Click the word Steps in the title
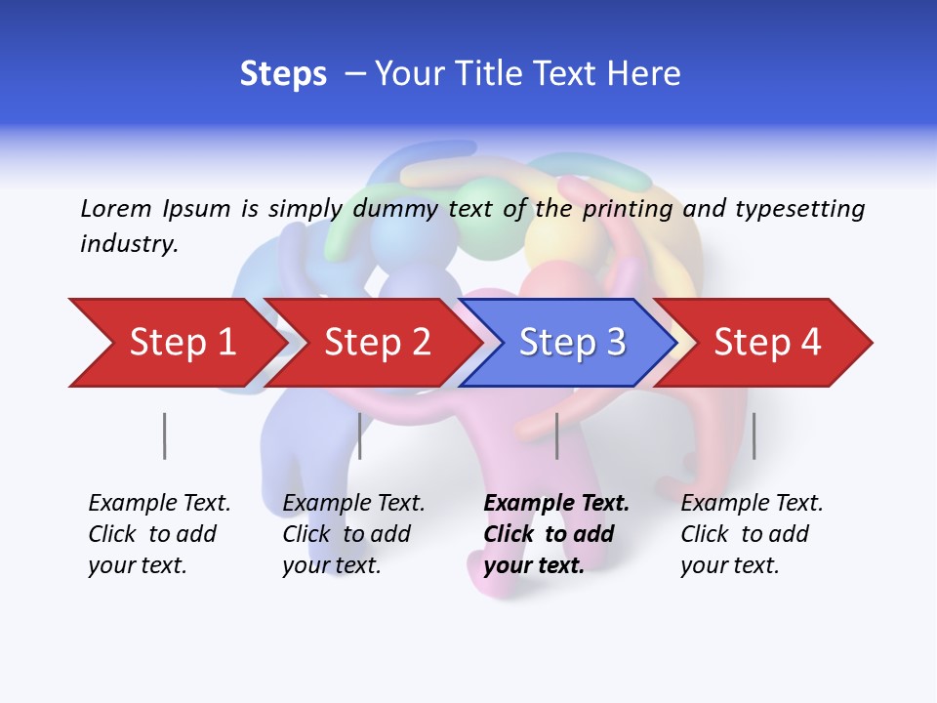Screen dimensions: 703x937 click(x=283, y=74)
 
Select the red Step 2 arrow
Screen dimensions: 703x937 click(x=377, y=343)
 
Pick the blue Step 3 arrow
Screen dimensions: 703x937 click(x=572, y=343)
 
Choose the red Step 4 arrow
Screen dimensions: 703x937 click(x=767, y=343)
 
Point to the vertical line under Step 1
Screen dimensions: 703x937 click(x=164, y=435)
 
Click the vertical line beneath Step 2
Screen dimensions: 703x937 click(x=360, y=435)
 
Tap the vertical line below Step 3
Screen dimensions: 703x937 click(x=556, y=435)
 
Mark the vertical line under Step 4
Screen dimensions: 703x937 click(x=754, y=435)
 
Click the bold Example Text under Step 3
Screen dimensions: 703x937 click(x=556, y=534)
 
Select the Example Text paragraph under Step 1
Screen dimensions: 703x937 click(x=159, y=534)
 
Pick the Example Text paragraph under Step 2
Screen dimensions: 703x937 click(x=353, y=534)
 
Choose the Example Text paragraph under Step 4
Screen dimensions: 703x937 click(x=752, y=534)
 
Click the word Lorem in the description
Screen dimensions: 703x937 click(x=115, y=208)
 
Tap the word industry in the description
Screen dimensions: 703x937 click(x=128, y=243)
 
